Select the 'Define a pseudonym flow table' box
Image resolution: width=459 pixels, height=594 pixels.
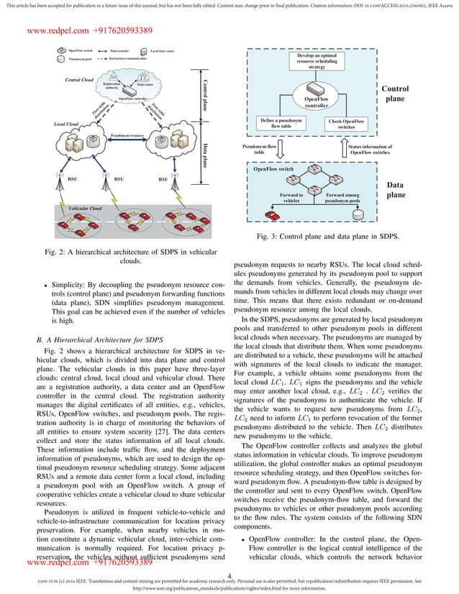pos(280,124)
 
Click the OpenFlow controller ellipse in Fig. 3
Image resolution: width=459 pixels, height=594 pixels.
pos(316,101)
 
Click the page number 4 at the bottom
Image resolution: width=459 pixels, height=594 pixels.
pos(228,575)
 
